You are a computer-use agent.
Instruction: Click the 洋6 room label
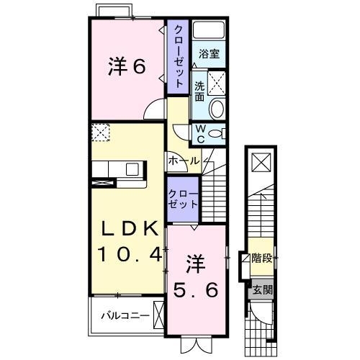127,67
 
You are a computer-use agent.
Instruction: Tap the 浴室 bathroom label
210,53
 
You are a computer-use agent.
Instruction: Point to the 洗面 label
199,91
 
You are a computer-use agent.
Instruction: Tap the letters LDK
128,230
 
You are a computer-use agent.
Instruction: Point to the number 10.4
128,254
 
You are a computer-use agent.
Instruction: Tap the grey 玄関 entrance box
261,291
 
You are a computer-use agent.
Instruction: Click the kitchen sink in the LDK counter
132,170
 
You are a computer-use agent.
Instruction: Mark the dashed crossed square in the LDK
100,132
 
